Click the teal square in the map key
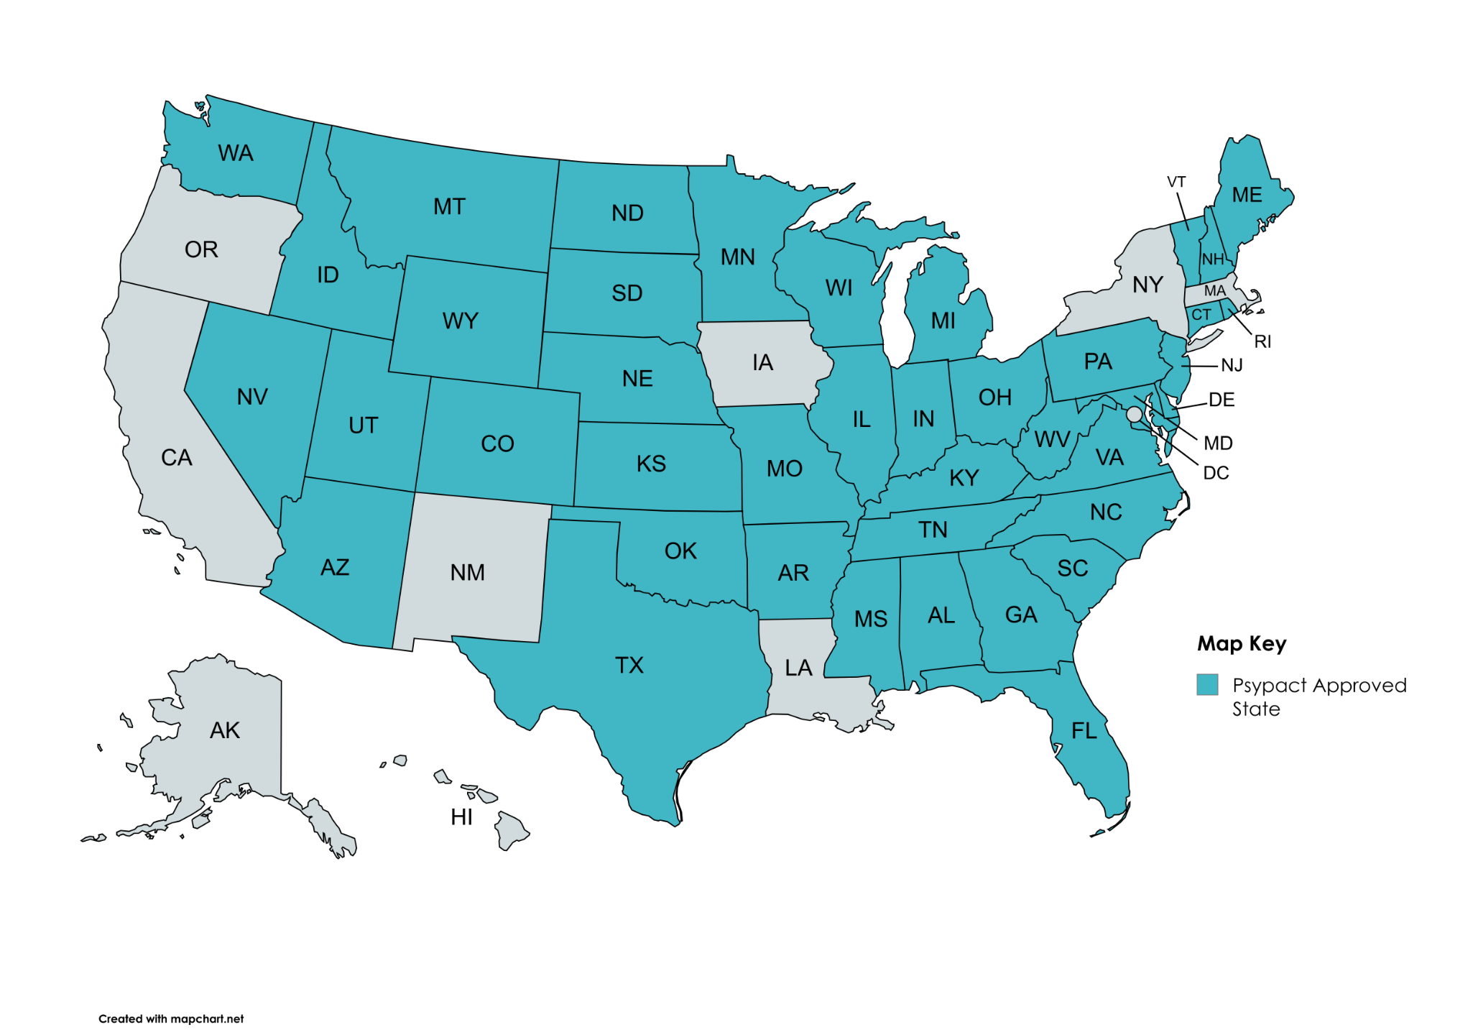coord(1207,685)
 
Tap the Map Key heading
coord(1241,643)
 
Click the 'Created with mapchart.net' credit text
coord(171,1018)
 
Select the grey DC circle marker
coord(1134,414)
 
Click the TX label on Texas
coord(629,666)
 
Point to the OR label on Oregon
coord(201,249)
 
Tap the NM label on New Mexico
coord(468,573)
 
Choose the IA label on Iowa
coord(762,362)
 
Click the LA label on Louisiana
coord(798,668)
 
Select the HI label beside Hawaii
coord(461,817)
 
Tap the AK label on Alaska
coord(224,731)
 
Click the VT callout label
coord(1176,182)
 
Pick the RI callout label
coord(1262,342)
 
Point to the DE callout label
coord(1221,400)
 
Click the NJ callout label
coord(1232,366)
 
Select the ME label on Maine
coord(1247,195)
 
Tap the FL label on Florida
coord(1084,732)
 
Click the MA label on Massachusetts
coord(1214,291)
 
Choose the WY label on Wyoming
coord(460,321)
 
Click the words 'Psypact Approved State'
coord(1318,697)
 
